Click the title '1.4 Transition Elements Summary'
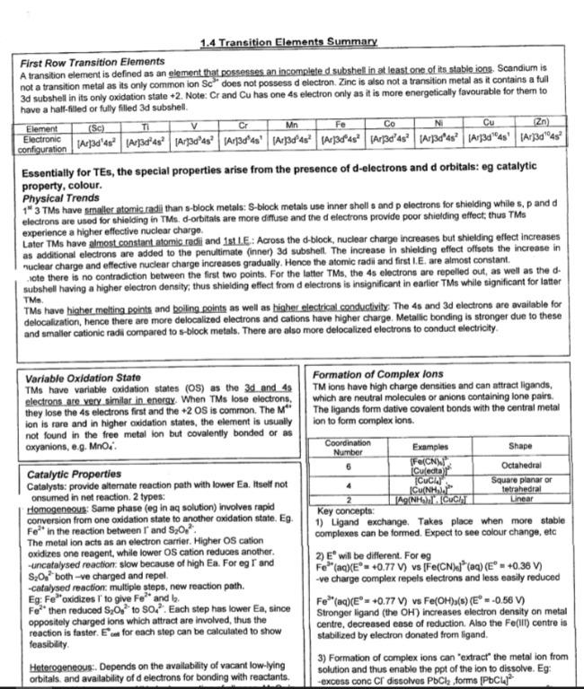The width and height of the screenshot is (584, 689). pos(288,42)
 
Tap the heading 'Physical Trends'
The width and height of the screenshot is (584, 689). pos(61,198)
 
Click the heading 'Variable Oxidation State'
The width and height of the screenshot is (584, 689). pos(83,379)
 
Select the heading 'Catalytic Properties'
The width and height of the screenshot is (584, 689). pos(74,474)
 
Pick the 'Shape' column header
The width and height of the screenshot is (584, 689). pos(519,446)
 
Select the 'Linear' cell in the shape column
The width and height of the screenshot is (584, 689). pos(519,499)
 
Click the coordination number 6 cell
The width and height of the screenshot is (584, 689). pos(347,466)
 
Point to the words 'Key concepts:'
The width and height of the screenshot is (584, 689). pos(340,510)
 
